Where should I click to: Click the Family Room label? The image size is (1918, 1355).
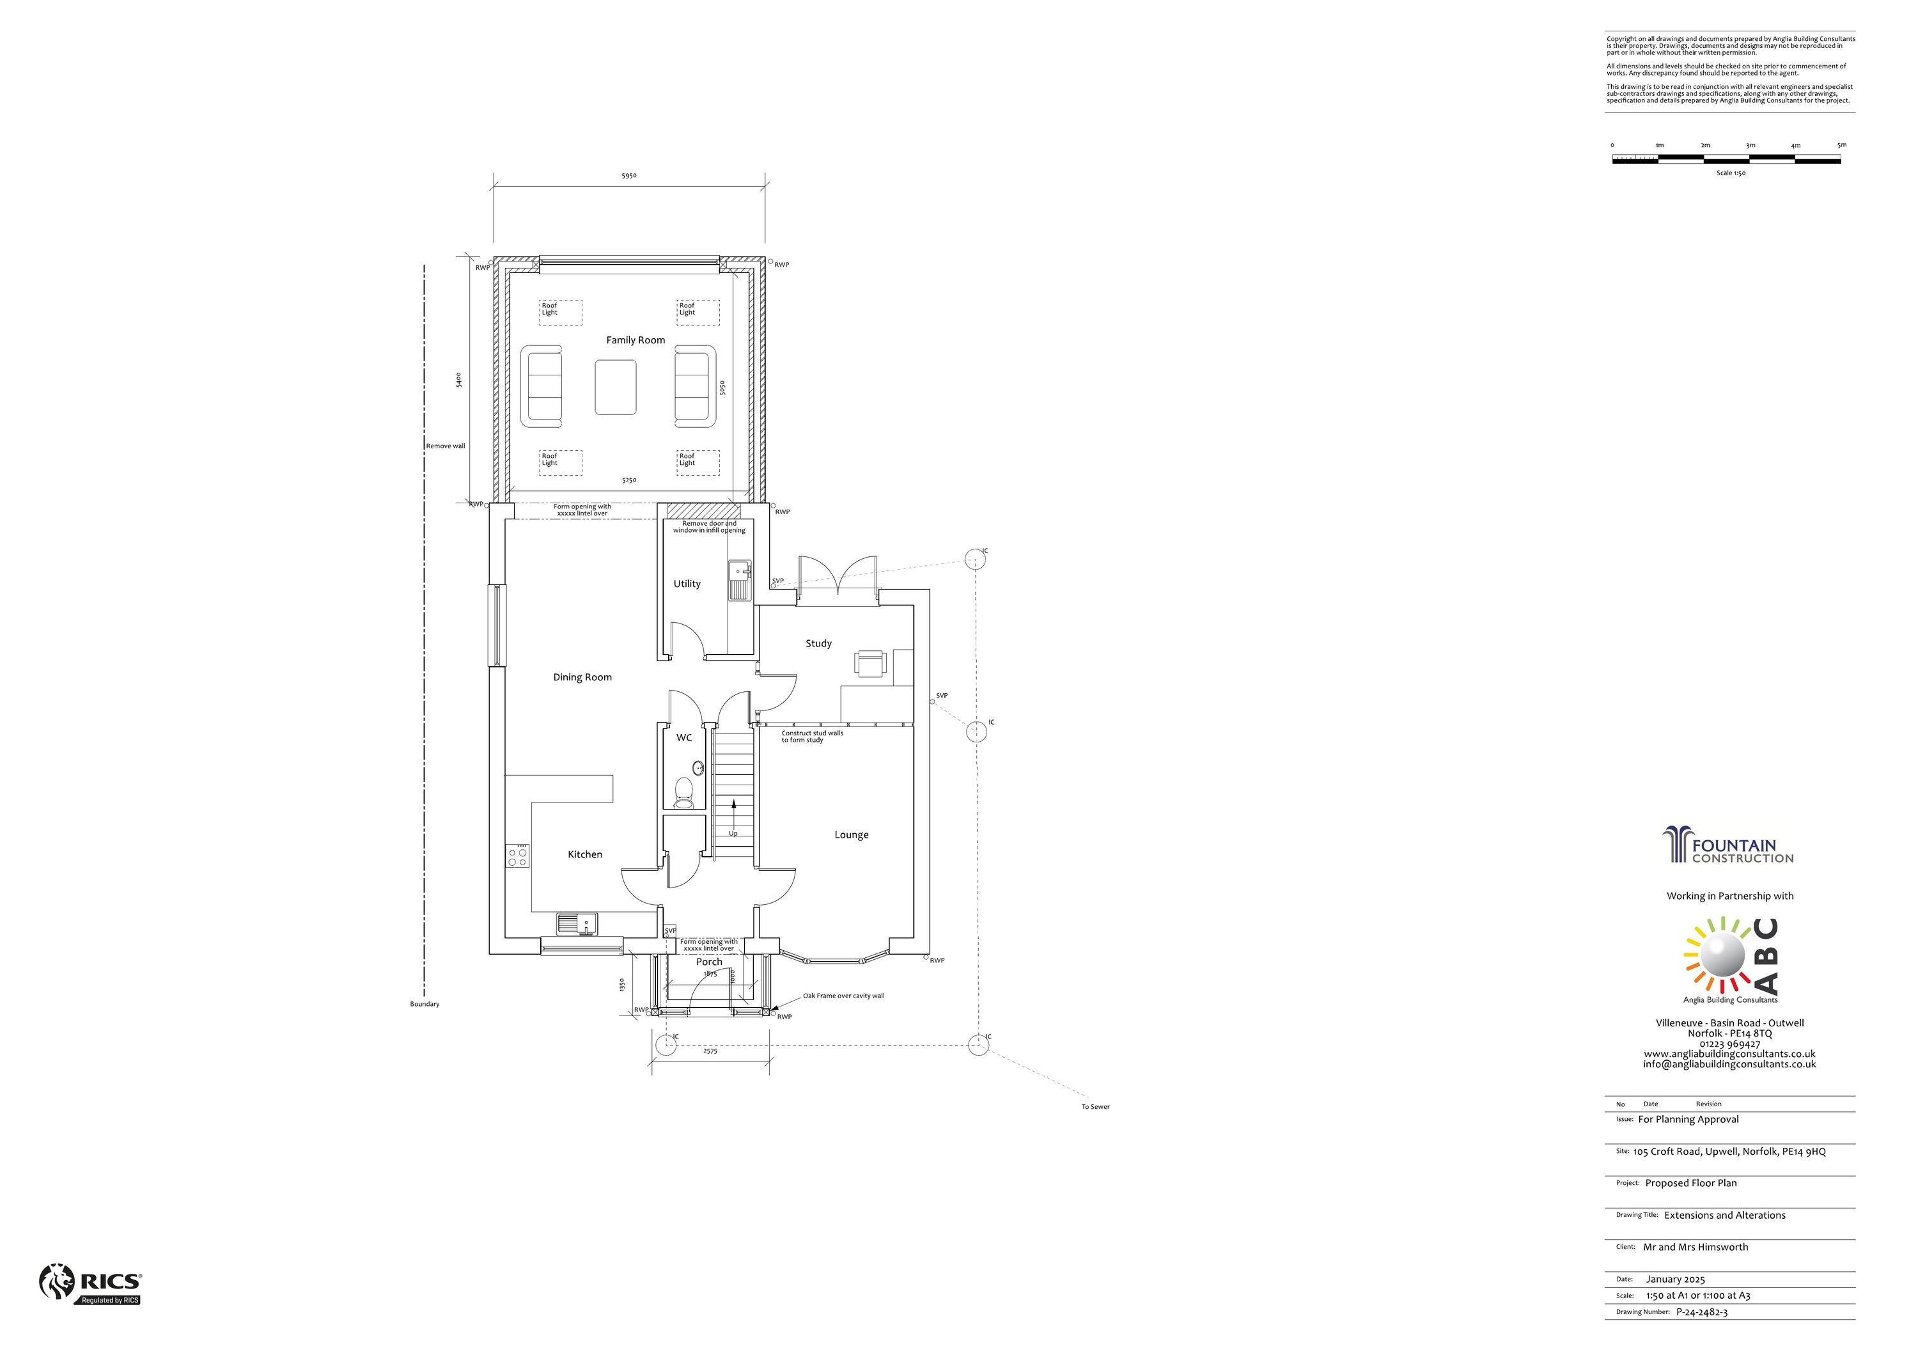(635, 340)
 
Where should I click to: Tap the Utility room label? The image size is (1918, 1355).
(687, 584)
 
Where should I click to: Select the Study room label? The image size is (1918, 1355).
(818, 643)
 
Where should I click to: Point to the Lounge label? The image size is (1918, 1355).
(851, 834)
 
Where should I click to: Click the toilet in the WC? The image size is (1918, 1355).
(684, 792)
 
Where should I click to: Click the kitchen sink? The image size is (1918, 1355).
(578, 924)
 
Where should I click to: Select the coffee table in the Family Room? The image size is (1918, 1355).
(616, 387)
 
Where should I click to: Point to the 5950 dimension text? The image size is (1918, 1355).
(629, 176)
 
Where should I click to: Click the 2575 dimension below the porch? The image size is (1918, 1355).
(710, 1051)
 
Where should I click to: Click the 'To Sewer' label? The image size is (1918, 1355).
(1095, 1107)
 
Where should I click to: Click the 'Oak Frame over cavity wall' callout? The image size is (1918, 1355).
(844, 996)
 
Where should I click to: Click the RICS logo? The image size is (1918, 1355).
(90, 1283)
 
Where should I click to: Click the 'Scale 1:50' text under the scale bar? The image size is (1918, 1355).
(1731, 173)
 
